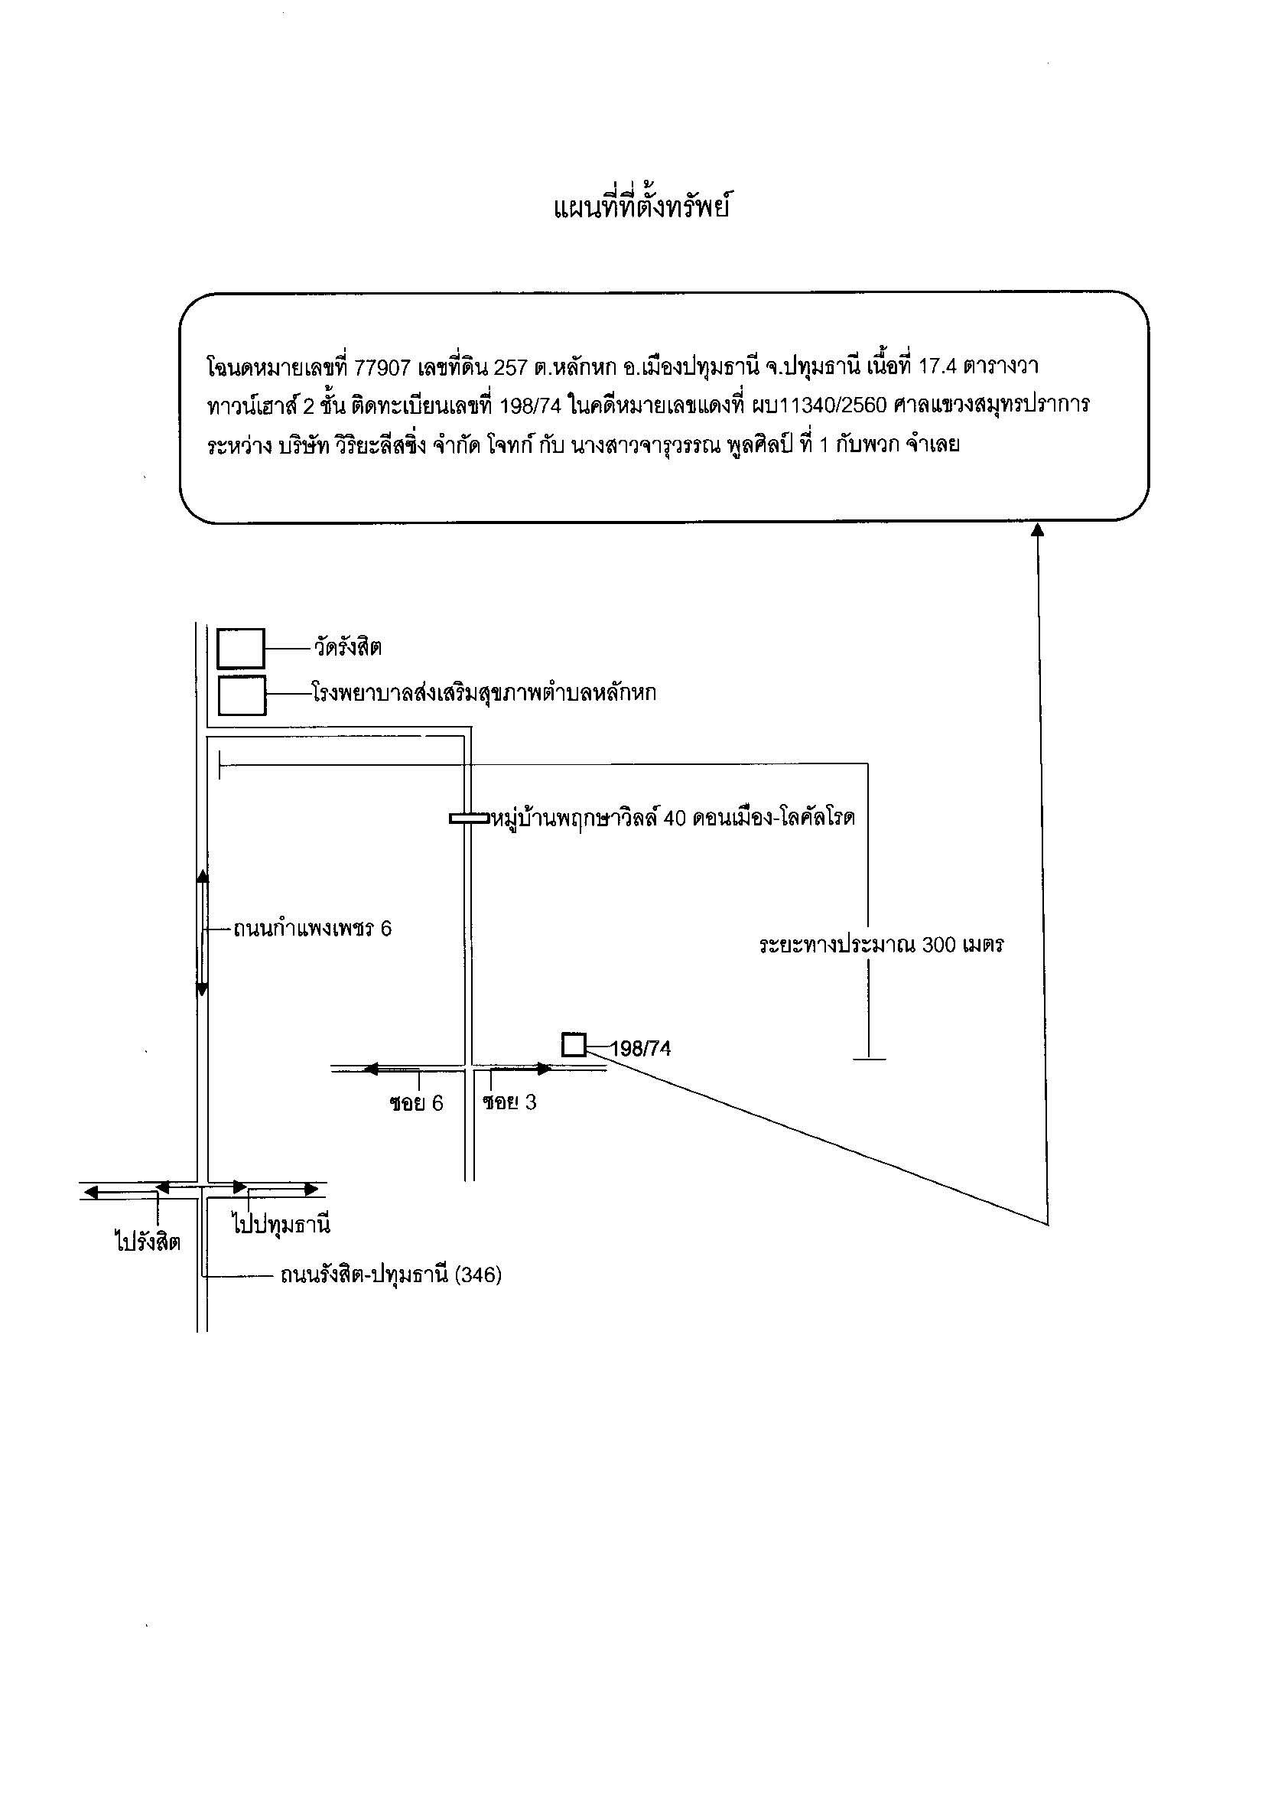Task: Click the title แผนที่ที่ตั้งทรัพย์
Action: pyautogui.click(x=640, y=209)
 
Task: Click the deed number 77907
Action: pyautogui.click(x=382, y=367)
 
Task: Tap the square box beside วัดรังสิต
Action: pyautogui.click(x=241, y=649)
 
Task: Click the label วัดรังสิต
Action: pyautogui.click(x=346, y=649)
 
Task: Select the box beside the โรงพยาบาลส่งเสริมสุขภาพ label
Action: pyautogui.click(x=242, y=695)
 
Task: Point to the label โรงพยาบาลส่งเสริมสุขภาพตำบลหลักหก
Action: pyautogui.click(x=484, y=694)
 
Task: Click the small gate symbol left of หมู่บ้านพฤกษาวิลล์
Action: pyautogui.click(x=469, y=819)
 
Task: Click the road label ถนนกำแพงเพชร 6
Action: pyautogui.click(x=312, y=929)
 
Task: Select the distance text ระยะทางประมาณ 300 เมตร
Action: pyautogui.click(x=881, y=945)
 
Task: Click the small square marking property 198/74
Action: pyautogui.click(x=574, y=1045)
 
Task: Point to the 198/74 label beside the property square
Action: pyautogui.click(x=641, y=1050)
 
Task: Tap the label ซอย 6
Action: pyautogui.click(x=416, y=1103)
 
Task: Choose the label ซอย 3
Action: pyautogui.click(x=510, y=1102)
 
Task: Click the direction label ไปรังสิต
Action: pyautogui.click(x=148, y=1242)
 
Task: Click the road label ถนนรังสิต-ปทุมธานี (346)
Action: pyautogui.click(x=391, y=1274)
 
